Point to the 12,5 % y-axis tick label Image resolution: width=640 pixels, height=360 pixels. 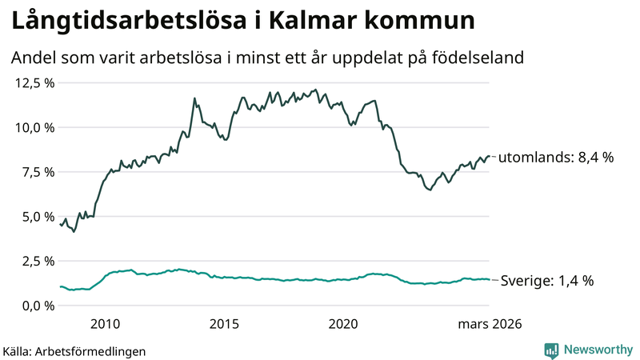34,82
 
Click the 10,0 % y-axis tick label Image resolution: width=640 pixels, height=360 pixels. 34,127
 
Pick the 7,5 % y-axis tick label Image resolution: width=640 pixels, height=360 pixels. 37,172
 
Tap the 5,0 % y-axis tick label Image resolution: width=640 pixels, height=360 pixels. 37,216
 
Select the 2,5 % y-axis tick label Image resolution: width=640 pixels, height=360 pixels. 37,261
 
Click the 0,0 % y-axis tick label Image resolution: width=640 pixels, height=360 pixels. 37,306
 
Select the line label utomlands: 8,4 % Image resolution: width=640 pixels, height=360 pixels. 556,158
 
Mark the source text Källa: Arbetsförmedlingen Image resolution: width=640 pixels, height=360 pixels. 74,350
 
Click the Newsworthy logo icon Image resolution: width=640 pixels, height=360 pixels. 551,350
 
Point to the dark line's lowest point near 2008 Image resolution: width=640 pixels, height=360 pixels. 74,231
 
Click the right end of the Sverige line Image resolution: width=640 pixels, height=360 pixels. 489,280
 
